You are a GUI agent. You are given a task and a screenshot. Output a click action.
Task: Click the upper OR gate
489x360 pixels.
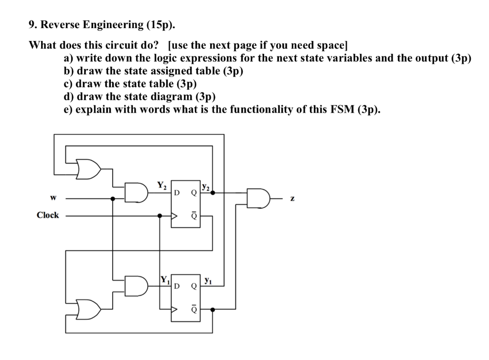89,168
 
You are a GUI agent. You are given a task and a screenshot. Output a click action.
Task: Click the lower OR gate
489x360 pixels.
89,309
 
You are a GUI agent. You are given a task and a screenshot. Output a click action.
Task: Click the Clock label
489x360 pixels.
47,215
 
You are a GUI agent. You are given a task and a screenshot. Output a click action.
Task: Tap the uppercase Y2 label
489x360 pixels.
162,185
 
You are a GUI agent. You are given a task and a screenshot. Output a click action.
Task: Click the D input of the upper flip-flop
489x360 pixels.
177,193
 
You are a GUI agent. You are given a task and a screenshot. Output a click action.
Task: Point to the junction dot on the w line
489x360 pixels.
113,198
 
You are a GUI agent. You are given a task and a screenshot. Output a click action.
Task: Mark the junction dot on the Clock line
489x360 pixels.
159,215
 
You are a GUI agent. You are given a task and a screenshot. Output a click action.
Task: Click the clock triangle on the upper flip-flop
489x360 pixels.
175,215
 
